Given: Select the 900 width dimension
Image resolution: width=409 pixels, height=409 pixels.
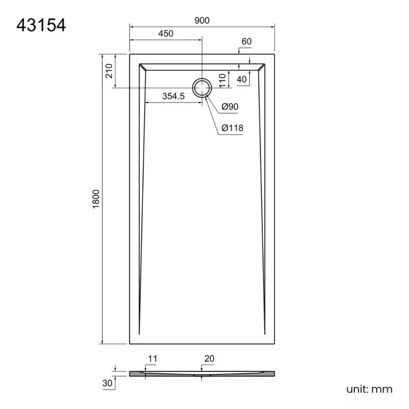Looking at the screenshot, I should [x=202, y=20].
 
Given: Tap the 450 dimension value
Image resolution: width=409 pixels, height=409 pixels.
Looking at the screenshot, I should [x=166, y=34].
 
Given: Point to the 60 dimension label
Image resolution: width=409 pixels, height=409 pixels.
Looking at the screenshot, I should [x=246, y=42].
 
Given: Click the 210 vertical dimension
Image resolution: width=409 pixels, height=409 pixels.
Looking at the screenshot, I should [x=109, y=71].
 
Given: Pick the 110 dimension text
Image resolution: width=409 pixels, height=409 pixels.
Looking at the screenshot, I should [x=222, y=80].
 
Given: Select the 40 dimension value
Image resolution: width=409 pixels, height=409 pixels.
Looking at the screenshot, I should [x=242, y=79].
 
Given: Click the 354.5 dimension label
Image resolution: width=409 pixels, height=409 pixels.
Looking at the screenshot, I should [x=173, y=96].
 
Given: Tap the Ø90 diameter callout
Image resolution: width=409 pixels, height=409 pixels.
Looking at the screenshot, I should [x=230, y=107].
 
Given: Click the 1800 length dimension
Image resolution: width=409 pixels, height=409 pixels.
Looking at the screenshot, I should [x=96, y=199].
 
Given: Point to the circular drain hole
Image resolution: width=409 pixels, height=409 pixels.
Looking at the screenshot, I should [x=202, y=88].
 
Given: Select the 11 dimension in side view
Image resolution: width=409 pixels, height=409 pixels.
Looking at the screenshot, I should [x=152, y=359].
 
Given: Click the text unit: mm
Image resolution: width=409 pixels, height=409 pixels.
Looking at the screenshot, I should [x=369, y=389].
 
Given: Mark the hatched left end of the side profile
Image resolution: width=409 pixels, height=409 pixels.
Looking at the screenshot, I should [x=137, y=373].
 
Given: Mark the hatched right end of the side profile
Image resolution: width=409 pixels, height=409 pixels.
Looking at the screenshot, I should [x=267, y=373].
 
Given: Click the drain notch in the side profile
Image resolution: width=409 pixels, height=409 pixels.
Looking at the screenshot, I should [x=202, y=376].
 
